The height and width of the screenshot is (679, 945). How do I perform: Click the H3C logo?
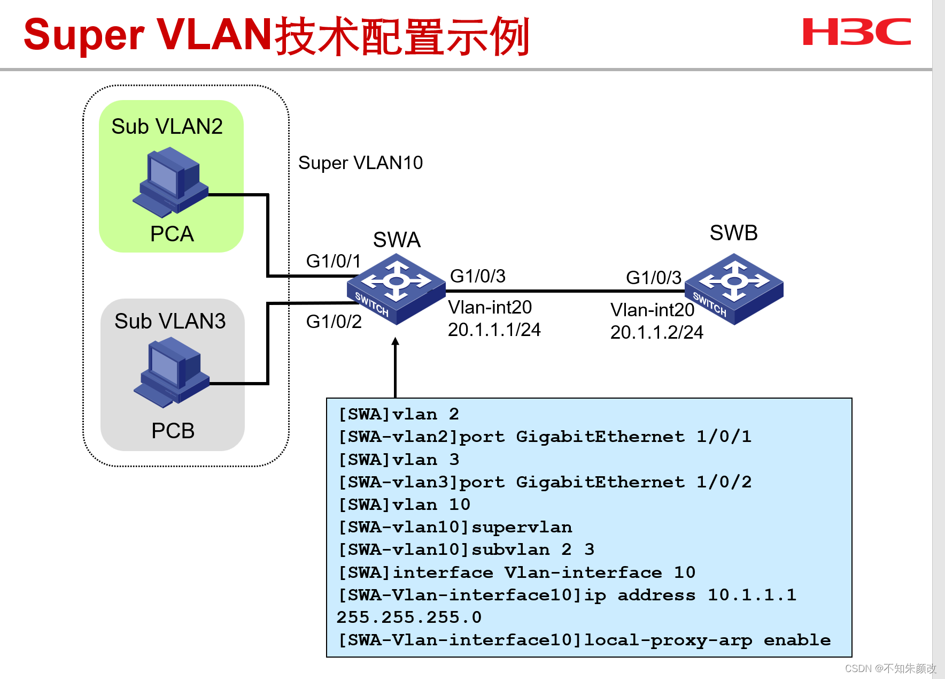pos(856,32)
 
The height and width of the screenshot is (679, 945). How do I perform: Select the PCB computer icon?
pos(171,372)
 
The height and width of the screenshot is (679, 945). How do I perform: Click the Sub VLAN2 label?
pos(167,127)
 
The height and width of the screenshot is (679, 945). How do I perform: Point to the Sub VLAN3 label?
pos(170,321)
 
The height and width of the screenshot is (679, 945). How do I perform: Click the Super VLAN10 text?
pos(360,163)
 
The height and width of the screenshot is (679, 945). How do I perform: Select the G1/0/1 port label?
pos(333,261)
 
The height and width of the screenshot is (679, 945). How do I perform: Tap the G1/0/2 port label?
pos(334,322)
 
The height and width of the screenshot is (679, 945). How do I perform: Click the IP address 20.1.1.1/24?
pos(494,330)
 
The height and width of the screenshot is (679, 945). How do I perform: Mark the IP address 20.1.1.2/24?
pos(656,332)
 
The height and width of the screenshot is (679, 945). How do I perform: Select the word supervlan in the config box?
pos(521,528)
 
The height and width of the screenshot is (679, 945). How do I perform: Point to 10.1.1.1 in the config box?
pos(752,595)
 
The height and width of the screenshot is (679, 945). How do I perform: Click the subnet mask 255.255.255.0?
pos(409,617)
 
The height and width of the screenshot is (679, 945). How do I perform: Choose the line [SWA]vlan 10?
pos(404,505)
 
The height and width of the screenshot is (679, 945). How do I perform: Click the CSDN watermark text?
pos(890,668)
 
